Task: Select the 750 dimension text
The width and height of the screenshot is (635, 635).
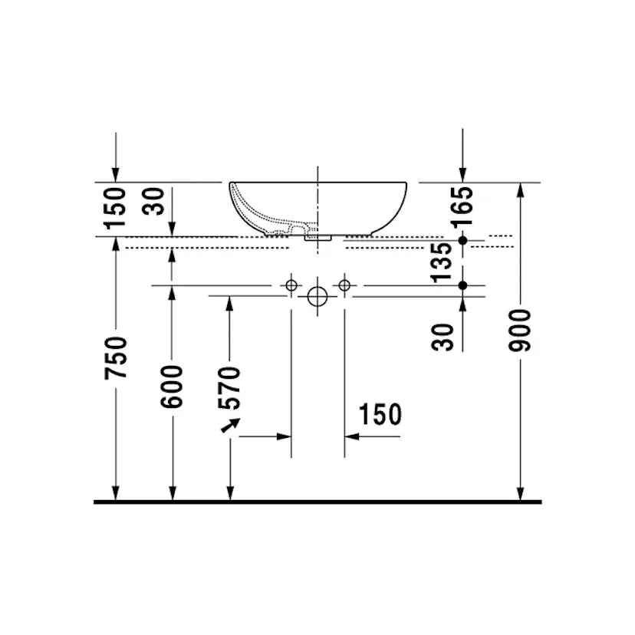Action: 117,357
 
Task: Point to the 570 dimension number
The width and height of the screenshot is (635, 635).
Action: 230,389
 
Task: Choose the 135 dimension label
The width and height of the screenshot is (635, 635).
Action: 443,263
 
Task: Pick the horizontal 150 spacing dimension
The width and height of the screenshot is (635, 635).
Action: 380,415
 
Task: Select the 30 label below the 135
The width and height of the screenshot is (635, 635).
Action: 443,335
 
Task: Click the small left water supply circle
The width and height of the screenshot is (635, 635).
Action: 291,285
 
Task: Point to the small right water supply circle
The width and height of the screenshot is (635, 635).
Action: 344,285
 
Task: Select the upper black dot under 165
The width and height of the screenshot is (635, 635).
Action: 462,241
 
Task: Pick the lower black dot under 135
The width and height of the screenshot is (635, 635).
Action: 462,285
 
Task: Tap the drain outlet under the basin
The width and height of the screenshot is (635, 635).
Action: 317,238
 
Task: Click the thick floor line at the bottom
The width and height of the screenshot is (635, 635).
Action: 317,502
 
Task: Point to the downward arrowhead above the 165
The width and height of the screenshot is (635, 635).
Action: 462,175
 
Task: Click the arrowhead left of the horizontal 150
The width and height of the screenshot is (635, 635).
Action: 285,436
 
